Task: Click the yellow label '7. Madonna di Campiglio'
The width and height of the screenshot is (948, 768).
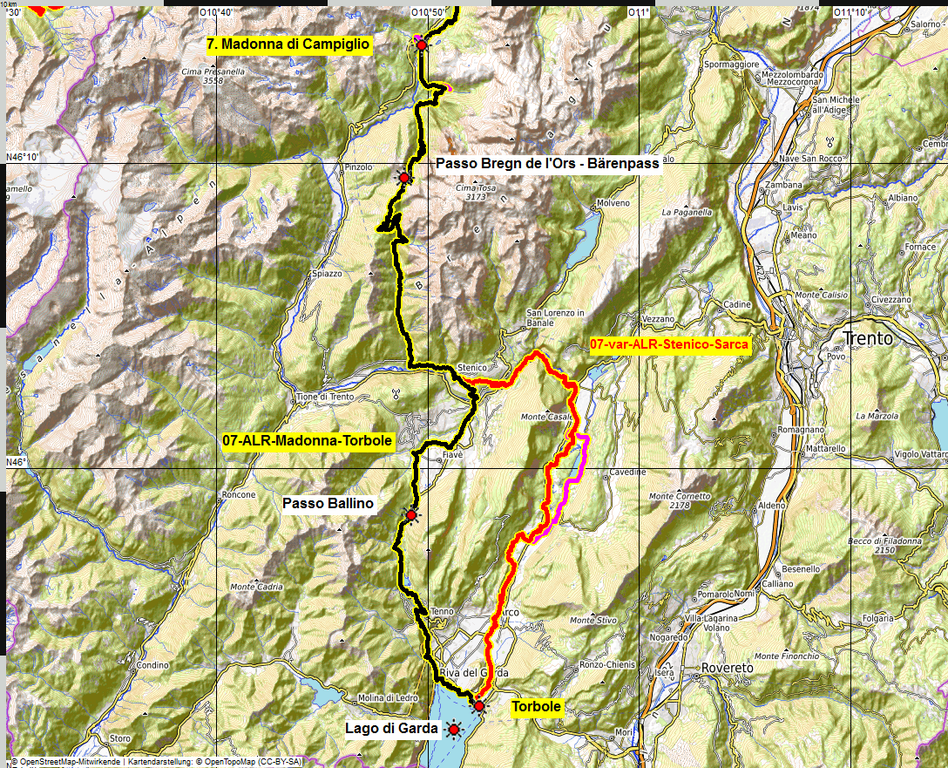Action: click(x=289, y=44)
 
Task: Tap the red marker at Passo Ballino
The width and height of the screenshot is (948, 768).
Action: click(x=411, y=515)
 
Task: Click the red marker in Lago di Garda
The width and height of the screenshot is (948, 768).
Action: click(x=453, y=729)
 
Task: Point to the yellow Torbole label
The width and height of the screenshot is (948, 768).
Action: click(x=536, y=707)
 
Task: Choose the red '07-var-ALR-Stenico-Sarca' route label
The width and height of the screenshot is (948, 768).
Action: click(x=668, y=345)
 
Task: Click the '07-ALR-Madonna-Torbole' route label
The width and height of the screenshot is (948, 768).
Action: click(x=308, y=441)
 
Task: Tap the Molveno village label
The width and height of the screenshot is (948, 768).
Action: click(x=613, y=203)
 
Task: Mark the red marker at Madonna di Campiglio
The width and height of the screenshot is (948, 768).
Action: click(x=421, y=44)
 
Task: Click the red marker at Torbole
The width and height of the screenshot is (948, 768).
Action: click(x=478, y=706)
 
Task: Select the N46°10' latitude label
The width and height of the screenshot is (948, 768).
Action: click(x=23, y=157)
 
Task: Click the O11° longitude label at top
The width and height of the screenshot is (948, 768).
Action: click(x=640, y=12)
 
